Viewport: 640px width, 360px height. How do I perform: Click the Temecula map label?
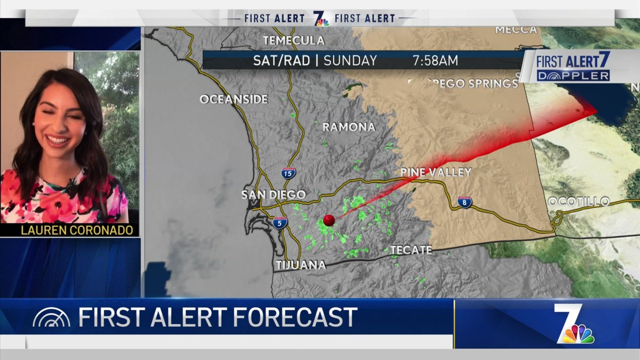point(293,41)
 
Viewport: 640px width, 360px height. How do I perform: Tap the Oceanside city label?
point(234,99)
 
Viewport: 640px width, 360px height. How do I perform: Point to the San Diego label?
point(274,195)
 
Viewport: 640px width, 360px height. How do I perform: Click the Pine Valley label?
point(436,172)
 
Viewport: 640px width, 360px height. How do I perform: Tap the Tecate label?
point(411,250)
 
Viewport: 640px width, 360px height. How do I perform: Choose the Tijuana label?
point(301,265)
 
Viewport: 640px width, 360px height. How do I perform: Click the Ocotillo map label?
point(579,202)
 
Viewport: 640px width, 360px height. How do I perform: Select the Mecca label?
point(516,30)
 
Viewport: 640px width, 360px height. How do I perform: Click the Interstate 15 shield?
point(288,173)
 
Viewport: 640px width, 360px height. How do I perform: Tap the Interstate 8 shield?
point(464,202)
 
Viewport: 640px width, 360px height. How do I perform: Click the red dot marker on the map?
point(329,220)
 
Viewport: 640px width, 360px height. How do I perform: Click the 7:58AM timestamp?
point(435,61)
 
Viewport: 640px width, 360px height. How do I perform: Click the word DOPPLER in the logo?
point(573,76)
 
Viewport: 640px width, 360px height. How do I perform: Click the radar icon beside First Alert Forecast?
point(51,318)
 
